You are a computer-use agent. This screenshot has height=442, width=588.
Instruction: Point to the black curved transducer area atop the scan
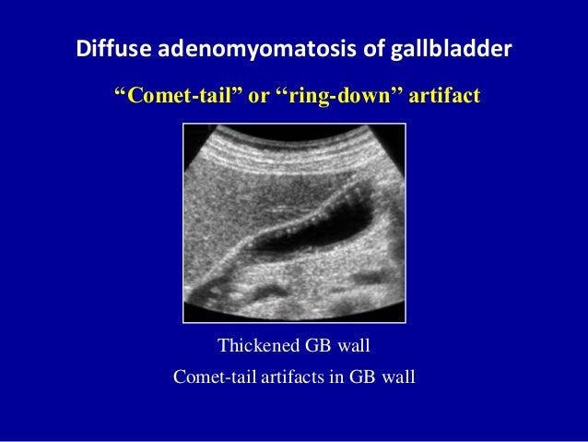pos(294,132)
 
